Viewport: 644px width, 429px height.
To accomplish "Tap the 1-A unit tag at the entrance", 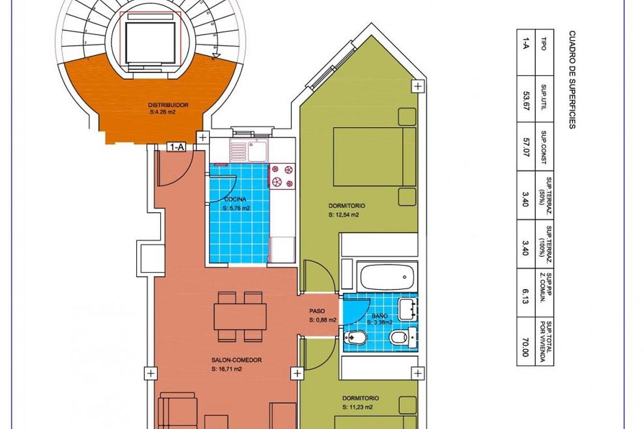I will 177,147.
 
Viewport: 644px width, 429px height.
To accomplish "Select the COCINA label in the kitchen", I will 236,199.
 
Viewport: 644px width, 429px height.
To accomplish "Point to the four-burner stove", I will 283,176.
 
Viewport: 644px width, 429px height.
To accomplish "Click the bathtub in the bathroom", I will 387,277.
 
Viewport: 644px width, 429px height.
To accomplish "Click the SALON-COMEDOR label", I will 237,360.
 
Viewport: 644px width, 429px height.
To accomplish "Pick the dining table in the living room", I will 240,317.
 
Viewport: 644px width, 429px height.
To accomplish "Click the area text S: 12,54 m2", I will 344,214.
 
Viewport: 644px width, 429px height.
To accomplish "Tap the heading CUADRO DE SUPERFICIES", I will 572,79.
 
